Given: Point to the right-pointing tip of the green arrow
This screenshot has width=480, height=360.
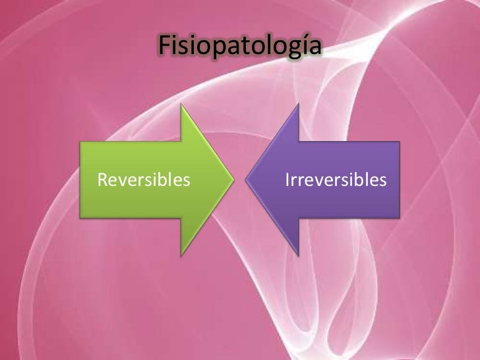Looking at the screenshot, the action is tap(233, 179).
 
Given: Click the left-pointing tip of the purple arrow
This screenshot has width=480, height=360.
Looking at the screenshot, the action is tap(247, 179).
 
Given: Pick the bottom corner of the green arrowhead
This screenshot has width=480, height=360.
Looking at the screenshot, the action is tap(183, 251).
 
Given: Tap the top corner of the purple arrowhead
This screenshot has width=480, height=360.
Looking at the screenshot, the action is tap(298, 107).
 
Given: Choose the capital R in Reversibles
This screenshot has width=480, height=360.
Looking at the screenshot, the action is tap(102, 179).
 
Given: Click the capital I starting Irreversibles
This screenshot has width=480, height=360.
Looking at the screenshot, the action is tap(287, 179).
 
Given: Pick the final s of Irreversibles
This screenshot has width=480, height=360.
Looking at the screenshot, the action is tap(382, 180).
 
